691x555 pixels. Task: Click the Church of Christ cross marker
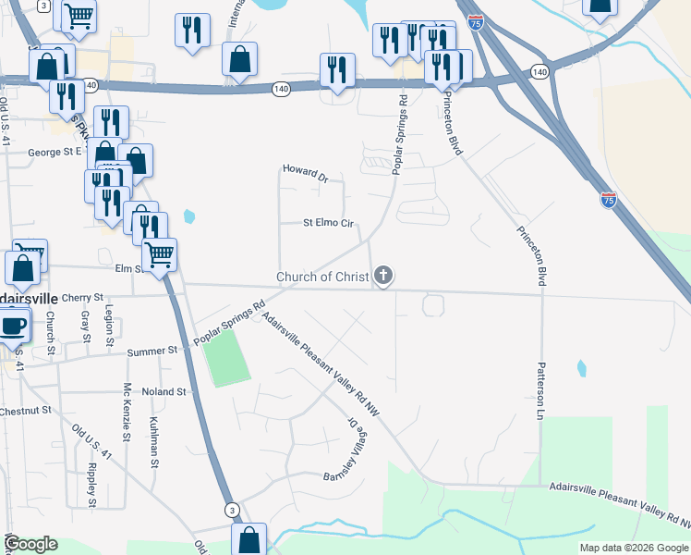pyautogui.click(x=383, y=276)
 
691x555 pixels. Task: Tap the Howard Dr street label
pyautogui.click(x=306, y=172)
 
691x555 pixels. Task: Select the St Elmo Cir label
pyautogui.click(x=329, y=223)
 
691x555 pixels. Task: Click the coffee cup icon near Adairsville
pyautogui.click(x=13, y=327)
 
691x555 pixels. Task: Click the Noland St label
pyautogui.click(x=164, y=392)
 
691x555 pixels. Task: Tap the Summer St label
pyautogui.click(x=152, y=351)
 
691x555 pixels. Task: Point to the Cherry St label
pyautogui.click(x=82, y=297)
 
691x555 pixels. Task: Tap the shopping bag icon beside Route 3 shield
pyautogui.click(x=249, y=540)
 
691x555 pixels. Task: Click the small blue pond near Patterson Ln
pyautogui.click(x=581, y=368)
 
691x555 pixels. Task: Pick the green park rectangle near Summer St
pyautogui.click(x=226, y=360)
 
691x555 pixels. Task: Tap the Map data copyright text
pyautogui.click(x=634, y=548)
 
